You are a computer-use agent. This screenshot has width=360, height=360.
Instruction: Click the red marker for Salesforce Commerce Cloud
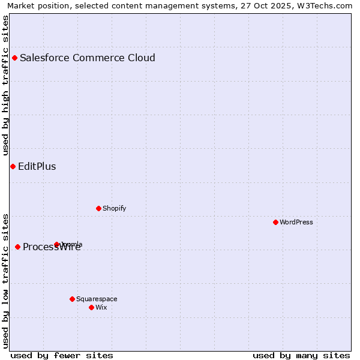[x=14, y=58]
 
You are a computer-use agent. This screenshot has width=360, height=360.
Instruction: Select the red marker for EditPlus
[x=13, y=166]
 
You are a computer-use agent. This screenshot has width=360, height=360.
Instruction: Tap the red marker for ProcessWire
[x=17, y=247]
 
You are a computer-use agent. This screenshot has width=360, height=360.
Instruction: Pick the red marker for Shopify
[x=98, y=208]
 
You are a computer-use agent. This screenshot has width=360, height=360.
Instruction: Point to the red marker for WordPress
[x=275, y=222]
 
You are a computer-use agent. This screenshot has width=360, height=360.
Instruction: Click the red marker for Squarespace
[x=72, y=299]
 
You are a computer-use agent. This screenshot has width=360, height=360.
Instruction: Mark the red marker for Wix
[x=91, y=307]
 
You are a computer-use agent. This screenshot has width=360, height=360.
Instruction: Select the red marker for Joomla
[x=57, y=244]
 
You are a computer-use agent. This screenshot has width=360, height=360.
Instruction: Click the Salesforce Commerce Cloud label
[x=88, y=58]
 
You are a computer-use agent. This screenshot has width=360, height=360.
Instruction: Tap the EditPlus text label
[x=37, y=167]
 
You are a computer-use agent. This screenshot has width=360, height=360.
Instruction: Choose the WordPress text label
[x=296, y=223]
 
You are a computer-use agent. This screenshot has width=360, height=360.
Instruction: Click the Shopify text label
[x=115, y=209]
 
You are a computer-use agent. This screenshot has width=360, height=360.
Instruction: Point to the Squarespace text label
[x=97, y=299]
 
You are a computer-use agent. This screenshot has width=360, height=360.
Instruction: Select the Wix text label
[x=101, y=308]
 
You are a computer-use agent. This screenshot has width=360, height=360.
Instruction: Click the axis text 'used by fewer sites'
[x=62, y=356]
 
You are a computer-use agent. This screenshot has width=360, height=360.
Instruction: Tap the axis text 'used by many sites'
[x=301, y=356]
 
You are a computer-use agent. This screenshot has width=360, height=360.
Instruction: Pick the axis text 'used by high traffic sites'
[x=5, y=86]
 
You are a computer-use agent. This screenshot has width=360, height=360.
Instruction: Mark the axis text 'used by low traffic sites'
[x=5, y=280]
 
